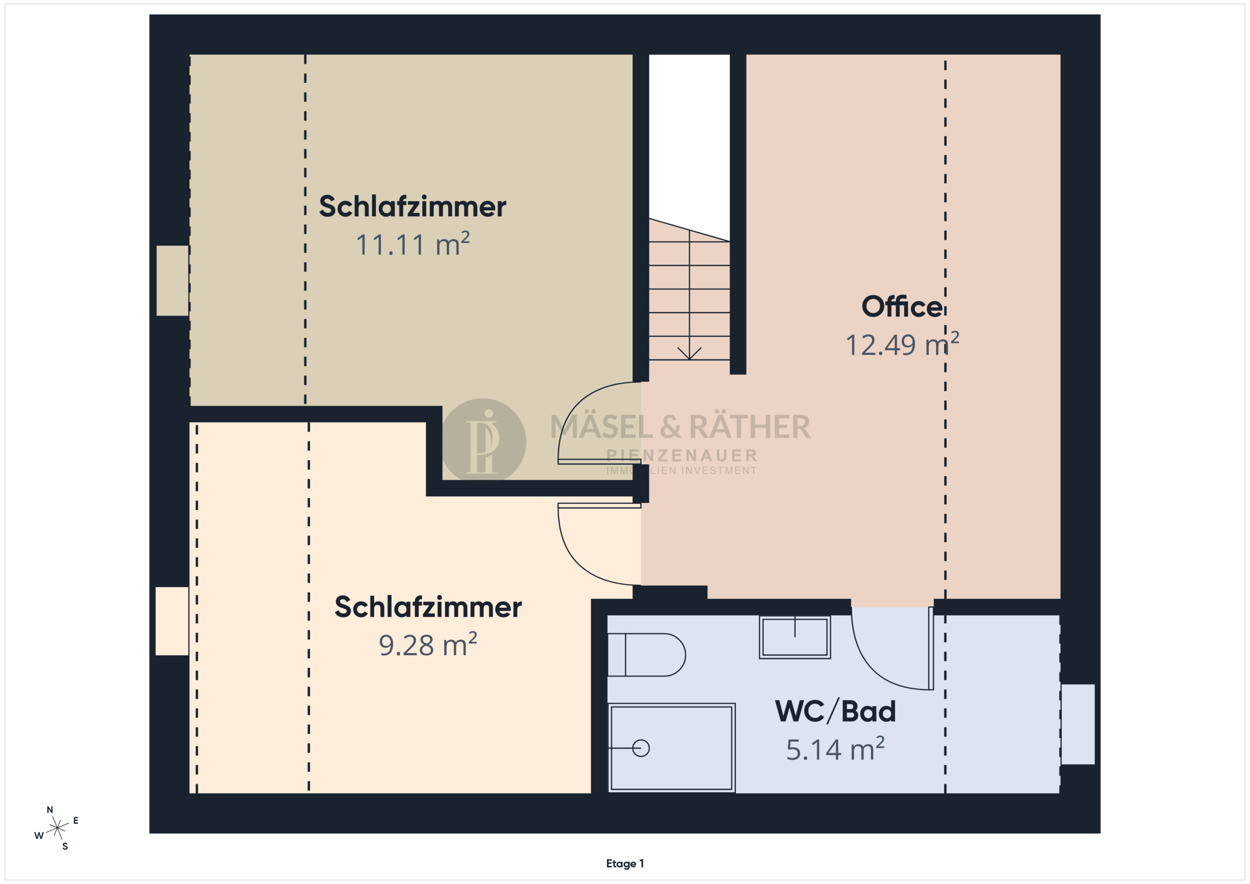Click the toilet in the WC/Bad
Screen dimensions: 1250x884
point(646,655)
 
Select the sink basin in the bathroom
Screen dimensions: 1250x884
point(795,637)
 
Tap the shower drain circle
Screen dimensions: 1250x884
point(641,748)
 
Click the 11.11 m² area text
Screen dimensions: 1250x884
point(412,244)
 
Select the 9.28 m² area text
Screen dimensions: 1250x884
point(428,644)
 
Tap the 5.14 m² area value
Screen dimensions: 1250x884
point(835,749)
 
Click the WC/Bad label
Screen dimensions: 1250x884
point(835,711)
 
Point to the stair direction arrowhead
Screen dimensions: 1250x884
point(689,354)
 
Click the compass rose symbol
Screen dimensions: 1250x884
point(57,828)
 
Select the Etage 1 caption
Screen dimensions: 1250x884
point(625,863)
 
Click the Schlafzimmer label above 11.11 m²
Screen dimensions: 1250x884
point(412,206)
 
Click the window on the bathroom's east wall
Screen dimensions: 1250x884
point(1078,724)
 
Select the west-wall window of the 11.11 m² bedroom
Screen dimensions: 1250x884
point(172,280)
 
